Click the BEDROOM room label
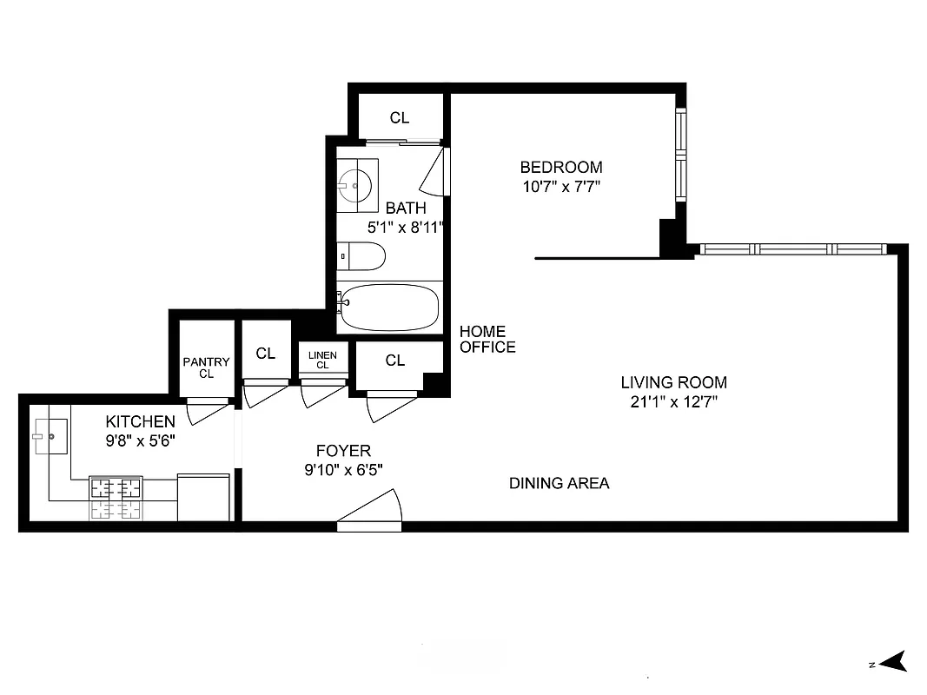coord(560,167)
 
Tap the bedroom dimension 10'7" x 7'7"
coord(560,186)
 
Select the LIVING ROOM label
coord(673,382)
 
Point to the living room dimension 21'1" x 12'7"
coord(673,401)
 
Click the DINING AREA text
coord(559,483)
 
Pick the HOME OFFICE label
coord(487,340)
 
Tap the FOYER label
coord(343,451)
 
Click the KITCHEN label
coord(141,422)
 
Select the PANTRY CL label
coord(206,367)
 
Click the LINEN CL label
coord(322,360)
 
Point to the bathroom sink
coord(355,184)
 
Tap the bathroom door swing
coord(434,174)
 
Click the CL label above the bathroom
coord(399,118)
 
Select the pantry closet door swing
coord(207,410)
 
